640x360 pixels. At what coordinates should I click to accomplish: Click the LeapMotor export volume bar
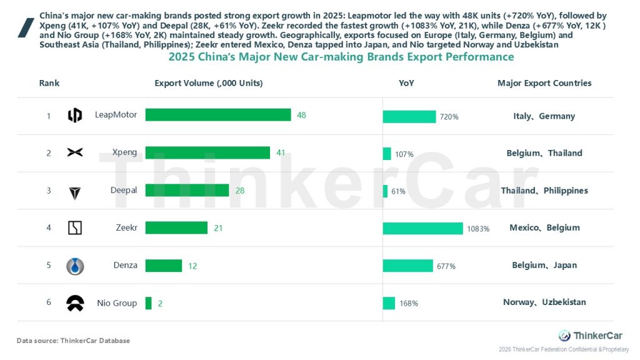coord(218,115)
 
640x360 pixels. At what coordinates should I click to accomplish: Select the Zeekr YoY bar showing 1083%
coord(422,228)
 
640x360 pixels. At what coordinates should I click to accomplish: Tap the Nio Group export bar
coord(148,303)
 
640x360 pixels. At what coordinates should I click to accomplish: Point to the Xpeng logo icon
coord(75,152)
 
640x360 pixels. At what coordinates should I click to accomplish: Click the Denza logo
coord(75,266)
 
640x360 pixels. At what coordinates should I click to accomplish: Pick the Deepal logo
coord(75,192)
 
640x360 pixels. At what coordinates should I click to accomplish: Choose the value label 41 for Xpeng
coord(281,152)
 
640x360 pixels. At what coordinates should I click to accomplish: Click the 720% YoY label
coord(449,117)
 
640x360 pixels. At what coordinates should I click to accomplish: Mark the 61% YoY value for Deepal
coord(398,191)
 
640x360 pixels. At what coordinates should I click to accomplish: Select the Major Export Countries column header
coord(544,83)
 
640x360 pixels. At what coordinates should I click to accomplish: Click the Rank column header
coord(49,83)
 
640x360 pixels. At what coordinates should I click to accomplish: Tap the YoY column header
coord(406,83)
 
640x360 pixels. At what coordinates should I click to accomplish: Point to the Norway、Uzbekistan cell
coord(544,302)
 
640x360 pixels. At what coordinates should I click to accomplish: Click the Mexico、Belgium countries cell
coord(544,228)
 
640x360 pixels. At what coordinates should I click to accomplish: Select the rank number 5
coord(49,265)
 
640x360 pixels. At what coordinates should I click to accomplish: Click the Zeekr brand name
coord(126,227)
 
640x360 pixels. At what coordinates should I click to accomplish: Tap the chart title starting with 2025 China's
coord(341,57)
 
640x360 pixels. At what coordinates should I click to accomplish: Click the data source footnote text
coord(73,341)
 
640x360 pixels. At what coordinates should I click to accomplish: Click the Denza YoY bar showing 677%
coord(407,266)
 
